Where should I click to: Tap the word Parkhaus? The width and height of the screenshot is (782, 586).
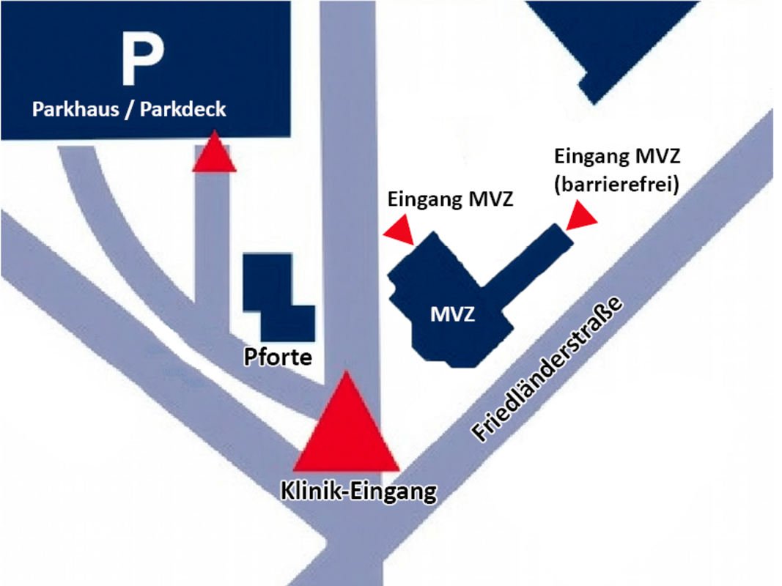[70, 110]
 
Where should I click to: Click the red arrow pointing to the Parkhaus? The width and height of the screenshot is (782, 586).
[214, 155]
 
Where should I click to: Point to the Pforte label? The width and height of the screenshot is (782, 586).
[279, 357]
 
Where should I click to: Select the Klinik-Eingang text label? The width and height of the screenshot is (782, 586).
[358, 491]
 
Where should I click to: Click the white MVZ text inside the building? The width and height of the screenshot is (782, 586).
[452, 316]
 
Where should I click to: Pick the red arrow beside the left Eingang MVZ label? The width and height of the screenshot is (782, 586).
[400, 230]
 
